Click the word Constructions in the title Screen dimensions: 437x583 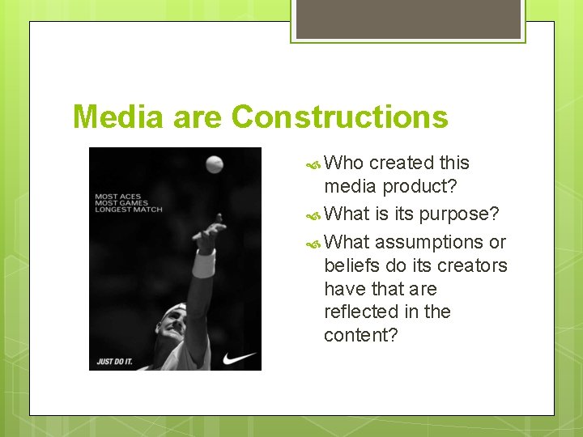point(339,117)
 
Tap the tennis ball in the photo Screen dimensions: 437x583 point(214,164)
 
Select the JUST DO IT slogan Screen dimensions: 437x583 point(115,361)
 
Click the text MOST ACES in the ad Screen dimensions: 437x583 point(118,196)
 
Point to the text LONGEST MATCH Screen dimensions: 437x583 point(129,210)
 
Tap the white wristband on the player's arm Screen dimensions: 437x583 point(203,264)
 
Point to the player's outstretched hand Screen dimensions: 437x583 point(210,235)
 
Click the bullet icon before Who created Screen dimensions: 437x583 point(314,163)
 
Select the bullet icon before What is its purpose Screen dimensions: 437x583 point(314,214)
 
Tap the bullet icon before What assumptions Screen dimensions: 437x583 point(314,242)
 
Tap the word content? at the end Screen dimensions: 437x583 point(360,334)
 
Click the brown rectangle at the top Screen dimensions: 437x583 point(408,19)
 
